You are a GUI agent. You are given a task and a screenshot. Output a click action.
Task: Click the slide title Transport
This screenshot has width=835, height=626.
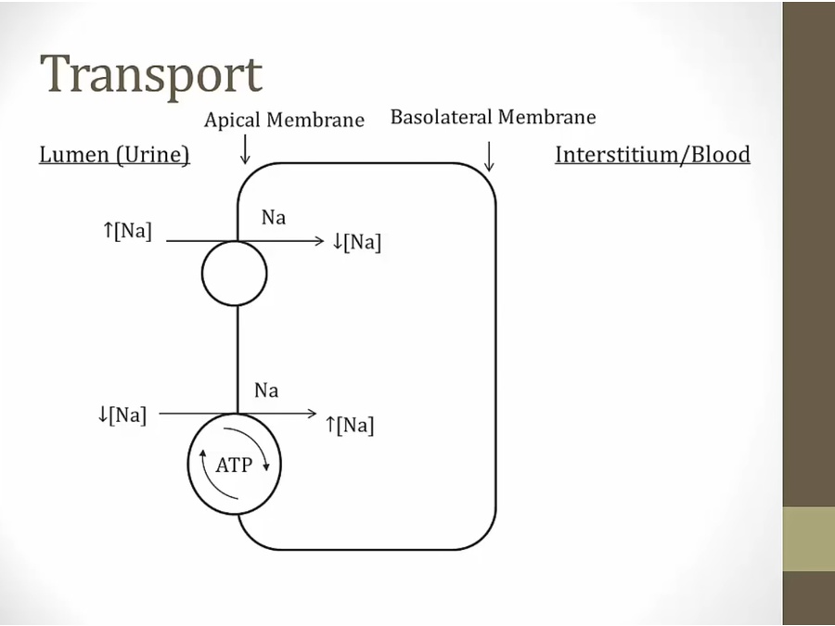pyautogui.click(x=150, y=73)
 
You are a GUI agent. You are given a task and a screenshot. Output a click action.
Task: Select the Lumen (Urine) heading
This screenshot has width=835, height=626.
pyautogui.click(x=114, y=155)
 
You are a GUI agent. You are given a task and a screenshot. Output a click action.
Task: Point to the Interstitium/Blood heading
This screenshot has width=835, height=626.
pyautogui.click(x=652, y=155)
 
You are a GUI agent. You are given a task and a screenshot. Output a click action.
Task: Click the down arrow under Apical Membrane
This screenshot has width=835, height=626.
pyautogui.click(x=245, y=149)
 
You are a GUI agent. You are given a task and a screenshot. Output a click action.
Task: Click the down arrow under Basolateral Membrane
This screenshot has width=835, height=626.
pyautogui.click(x=489, y=157)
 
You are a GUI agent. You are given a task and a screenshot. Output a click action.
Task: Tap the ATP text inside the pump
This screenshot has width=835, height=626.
pyautogui.click(x=234, y=466)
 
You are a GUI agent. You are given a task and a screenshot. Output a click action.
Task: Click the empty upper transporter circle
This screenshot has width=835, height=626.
pyautogui.click(x=235, y=274)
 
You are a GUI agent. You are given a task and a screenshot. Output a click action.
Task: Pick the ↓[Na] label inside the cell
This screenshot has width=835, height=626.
pyautogui.click(x=356, y=243)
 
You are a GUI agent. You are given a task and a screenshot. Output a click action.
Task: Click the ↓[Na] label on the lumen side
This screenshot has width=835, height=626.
pyautogui.click(x=122, y=415)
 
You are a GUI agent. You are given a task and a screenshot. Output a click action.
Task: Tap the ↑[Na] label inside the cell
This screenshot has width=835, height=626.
pyautogui.click(x=350, y=426)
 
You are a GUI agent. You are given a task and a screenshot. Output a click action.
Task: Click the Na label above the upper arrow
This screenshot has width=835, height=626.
pyautogui.click(x=274, y=218)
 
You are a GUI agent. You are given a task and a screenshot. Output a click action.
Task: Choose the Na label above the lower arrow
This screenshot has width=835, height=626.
pyautogui.click(x=266, y=390)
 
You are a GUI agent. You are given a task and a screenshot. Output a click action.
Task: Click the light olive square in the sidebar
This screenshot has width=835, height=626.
pyautogui.click(x=808, y=539)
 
